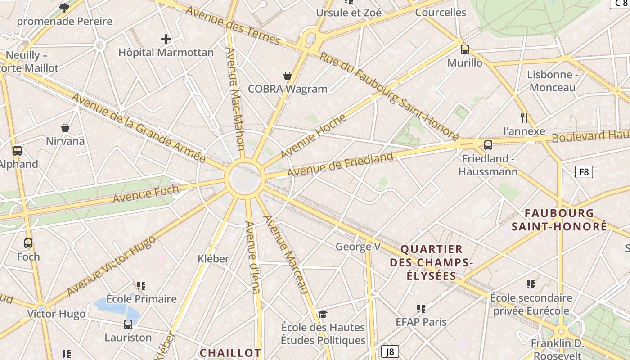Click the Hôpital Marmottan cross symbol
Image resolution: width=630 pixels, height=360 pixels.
(166, 39)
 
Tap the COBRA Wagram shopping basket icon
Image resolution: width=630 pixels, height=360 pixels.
(288, 76)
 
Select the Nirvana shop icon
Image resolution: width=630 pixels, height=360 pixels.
(65, 128)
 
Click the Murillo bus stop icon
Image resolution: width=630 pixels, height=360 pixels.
(465, 49)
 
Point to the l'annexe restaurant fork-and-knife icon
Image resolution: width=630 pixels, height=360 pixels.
(524, 118)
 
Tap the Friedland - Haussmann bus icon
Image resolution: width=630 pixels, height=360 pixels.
(488, 145)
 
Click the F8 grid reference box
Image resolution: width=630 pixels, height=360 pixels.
(584, 171)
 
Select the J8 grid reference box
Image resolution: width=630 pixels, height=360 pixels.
(390, 351)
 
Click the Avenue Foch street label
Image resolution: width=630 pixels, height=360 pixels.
(145, 193)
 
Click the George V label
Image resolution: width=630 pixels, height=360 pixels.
(358, 247)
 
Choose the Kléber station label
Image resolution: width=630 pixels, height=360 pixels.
(213, 259)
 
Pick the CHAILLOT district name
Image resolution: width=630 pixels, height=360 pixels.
(230, 352)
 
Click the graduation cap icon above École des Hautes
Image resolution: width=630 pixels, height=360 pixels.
(323, 314)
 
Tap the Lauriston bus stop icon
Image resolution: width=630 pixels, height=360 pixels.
(128, 324)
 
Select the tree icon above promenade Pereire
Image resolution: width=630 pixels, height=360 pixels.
(64, 7)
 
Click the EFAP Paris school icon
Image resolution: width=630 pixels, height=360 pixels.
(421, 309)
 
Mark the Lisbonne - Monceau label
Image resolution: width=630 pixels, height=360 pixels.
(553, 81)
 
